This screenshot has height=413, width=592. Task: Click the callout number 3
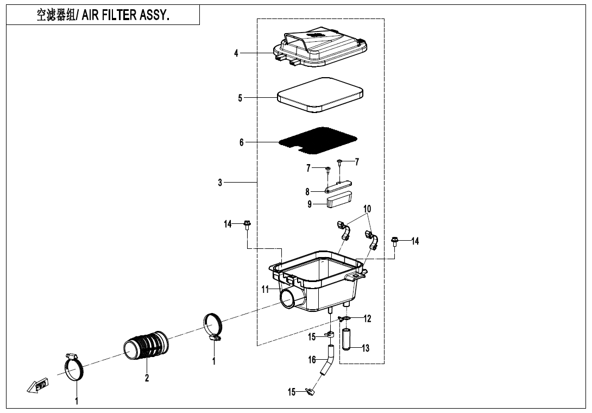[220, 183]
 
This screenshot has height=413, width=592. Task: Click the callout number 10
[367, 209]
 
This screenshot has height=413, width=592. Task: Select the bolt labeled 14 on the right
[395, 240]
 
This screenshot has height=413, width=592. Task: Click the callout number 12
[368, 319]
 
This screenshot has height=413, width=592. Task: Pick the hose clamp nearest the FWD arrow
[73, 367]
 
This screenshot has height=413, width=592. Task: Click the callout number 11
[265, 290]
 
